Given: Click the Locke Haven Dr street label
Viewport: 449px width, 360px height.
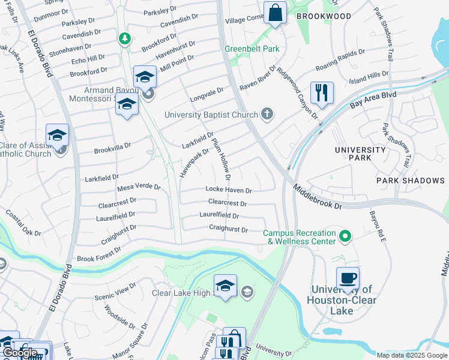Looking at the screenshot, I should (x=228, y=190).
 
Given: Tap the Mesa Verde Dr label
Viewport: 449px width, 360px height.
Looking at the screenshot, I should (x=139, y=187).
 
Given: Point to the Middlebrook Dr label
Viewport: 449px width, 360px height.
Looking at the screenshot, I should (x=318, y=197).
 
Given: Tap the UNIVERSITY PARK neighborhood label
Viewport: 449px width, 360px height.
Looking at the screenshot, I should (x=360, y=154).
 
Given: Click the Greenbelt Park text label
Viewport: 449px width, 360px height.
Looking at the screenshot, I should (x=252, y=49).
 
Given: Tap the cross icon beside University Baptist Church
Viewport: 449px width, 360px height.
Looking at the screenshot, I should (x=267, y=114).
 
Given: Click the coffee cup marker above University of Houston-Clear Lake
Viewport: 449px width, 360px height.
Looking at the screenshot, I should (x=348, y=278).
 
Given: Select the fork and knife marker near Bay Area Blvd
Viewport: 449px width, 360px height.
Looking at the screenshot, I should (x=322, y=92).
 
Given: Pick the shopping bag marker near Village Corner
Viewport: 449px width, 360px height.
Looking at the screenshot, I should (x=275, y=13).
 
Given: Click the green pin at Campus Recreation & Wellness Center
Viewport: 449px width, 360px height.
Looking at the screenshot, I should (x=345, y=237).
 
